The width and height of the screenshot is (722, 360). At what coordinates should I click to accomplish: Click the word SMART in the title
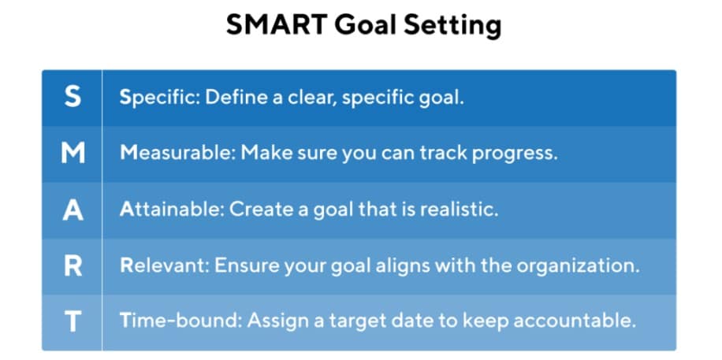click(276, 24)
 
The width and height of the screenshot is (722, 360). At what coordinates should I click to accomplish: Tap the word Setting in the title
click(452, 27)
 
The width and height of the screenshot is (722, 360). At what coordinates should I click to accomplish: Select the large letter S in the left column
click(73, 97)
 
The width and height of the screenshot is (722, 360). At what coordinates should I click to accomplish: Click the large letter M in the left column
click(73, 154)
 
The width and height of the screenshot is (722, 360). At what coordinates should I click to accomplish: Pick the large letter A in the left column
click(73, 210)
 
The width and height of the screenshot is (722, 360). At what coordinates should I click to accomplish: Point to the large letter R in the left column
click(73, 266)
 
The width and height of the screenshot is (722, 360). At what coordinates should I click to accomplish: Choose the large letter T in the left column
click(73, 321)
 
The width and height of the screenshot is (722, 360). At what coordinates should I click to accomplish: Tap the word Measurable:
click(177, 154)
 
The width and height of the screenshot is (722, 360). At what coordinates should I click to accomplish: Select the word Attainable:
click(172, 210)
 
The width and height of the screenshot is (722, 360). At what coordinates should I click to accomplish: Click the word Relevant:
click(165, 266)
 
